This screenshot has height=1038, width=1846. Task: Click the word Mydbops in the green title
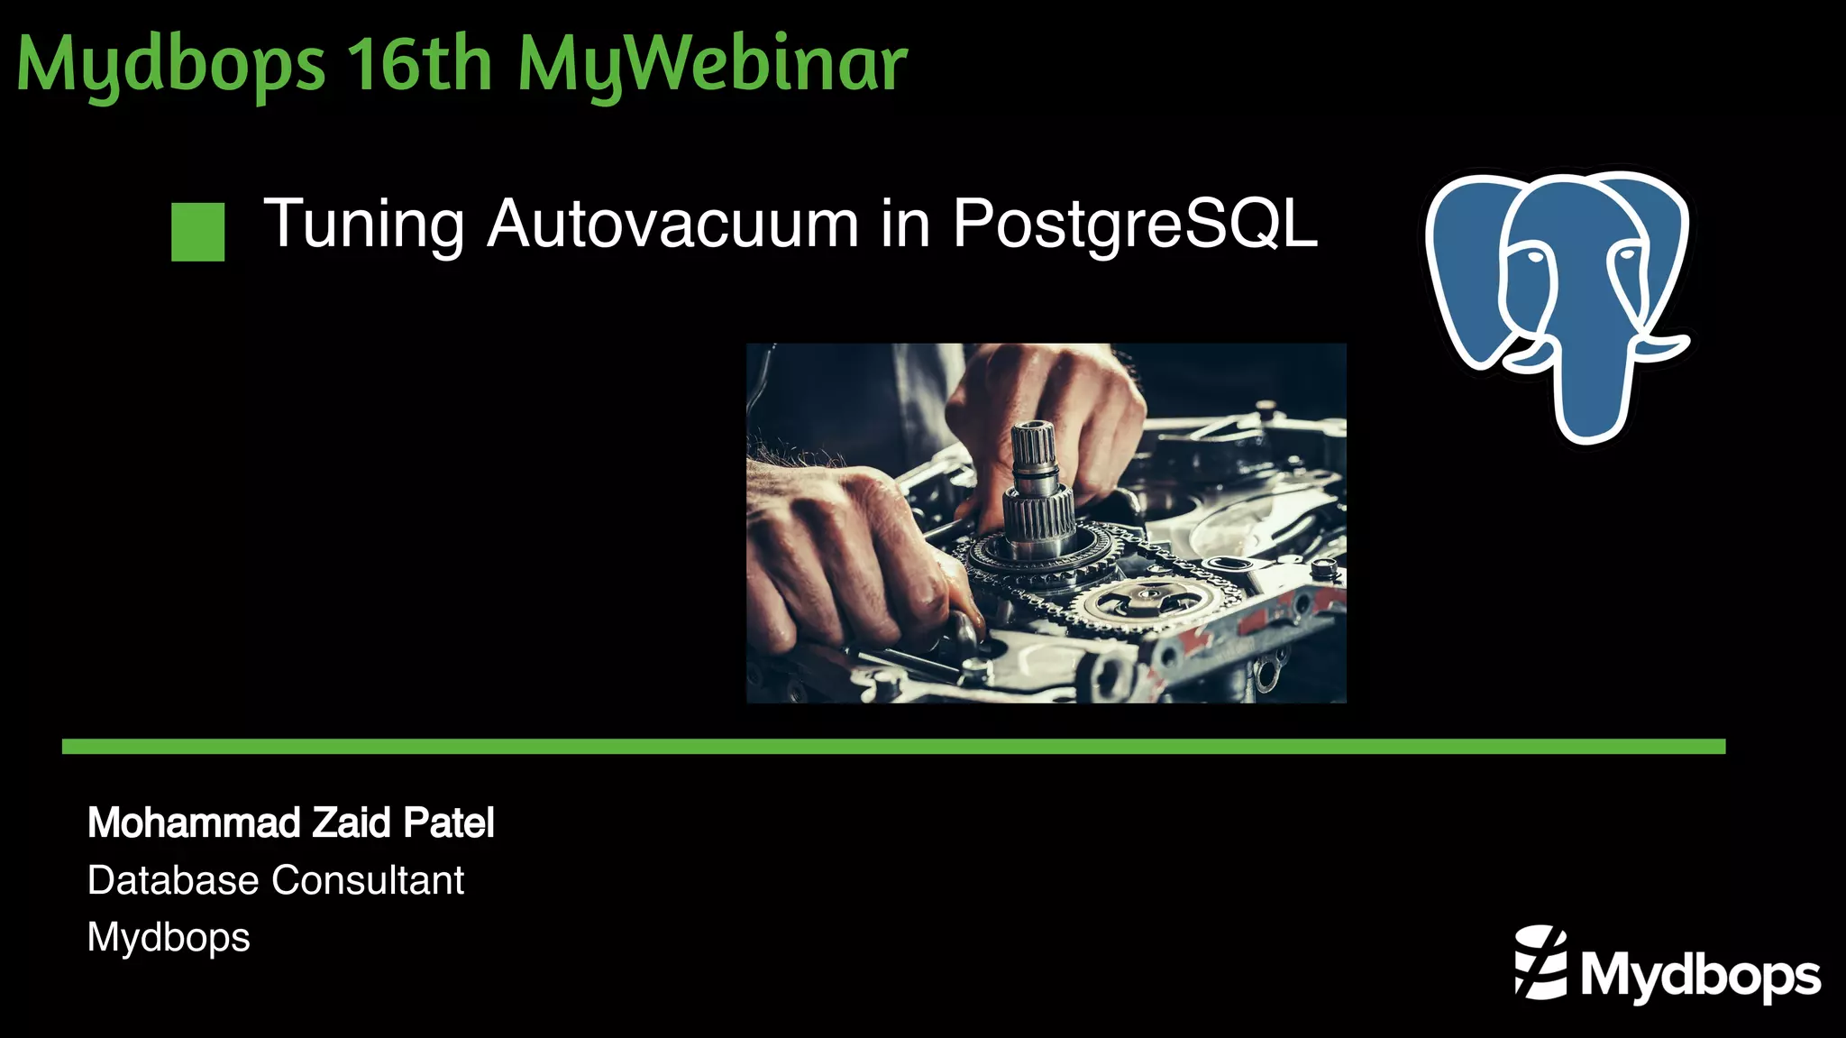(x=171, y=65)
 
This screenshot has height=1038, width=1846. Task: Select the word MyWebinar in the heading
(x=712, y=65)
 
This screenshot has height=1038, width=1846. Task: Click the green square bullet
(x=197, y=232)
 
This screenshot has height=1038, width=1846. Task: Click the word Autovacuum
(x=672, y=224)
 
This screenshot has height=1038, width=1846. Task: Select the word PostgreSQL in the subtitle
(x=1135, y=223)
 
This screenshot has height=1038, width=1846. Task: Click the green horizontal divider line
(x=892, y=746)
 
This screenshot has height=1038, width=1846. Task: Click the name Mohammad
(x=194, y=822)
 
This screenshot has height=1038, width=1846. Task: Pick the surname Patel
(x=449, y=822)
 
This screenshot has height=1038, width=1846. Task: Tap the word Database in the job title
(x=173, y=880)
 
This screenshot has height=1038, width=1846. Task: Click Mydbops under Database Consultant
(x=169, y=938)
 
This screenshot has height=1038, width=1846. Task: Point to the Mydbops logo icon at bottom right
(x=1541, y=962)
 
